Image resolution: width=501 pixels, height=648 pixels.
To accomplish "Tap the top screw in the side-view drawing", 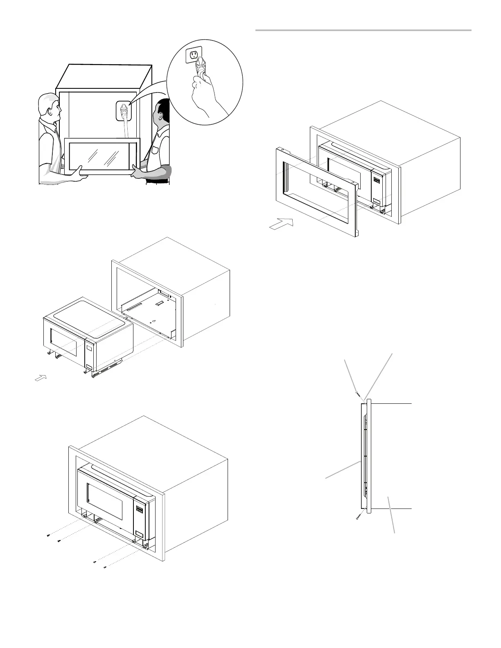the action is tap(358, 395).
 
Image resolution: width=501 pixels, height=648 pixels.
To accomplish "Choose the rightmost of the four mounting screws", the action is tap(105, 567).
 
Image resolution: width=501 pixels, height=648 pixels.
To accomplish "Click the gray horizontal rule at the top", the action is tap(363, 30).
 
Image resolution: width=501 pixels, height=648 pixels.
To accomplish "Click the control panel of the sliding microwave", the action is tap(89, 354).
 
